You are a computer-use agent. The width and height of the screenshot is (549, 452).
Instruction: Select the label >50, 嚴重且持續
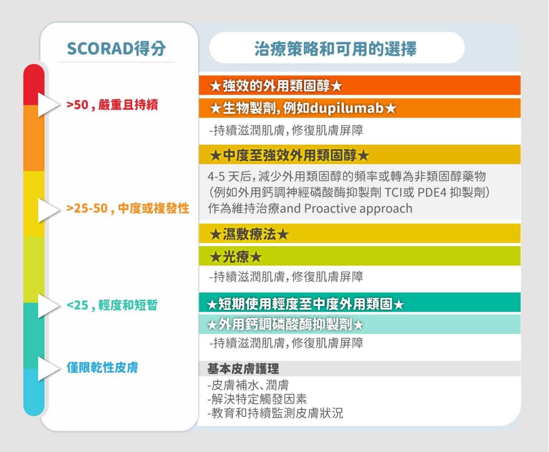tap(112, 105)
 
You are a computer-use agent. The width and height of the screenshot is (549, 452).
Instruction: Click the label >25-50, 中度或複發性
tap(128, 208)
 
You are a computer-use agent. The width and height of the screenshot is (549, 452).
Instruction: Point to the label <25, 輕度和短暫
tap(112, 305)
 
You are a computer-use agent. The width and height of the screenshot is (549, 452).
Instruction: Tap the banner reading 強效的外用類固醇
tap(360, 85)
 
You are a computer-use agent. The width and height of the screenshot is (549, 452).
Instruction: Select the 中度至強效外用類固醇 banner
tap(360, 154)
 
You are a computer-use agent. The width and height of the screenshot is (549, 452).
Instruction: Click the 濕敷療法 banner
tap(360, 233)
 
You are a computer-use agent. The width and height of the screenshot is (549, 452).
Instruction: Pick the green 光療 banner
tap(360, 256)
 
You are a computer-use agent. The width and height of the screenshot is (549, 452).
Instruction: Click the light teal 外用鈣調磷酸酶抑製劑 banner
tap(360, 324)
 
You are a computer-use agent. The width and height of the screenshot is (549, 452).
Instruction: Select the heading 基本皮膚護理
tap(243, 368)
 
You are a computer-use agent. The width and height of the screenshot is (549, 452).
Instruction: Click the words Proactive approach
tap(358, 209)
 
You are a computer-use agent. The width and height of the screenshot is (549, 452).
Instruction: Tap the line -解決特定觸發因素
tap(257, 399)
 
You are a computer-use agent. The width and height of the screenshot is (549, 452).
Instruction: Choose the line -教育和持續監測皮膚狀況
tap(275, 413)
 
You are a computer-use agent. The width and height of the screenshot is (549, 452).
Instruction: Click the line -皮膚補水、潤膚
tap(248, 385)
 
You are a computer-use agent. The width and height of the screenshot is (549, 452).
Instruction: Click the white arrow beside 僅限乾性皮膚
tap(48, 368)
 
